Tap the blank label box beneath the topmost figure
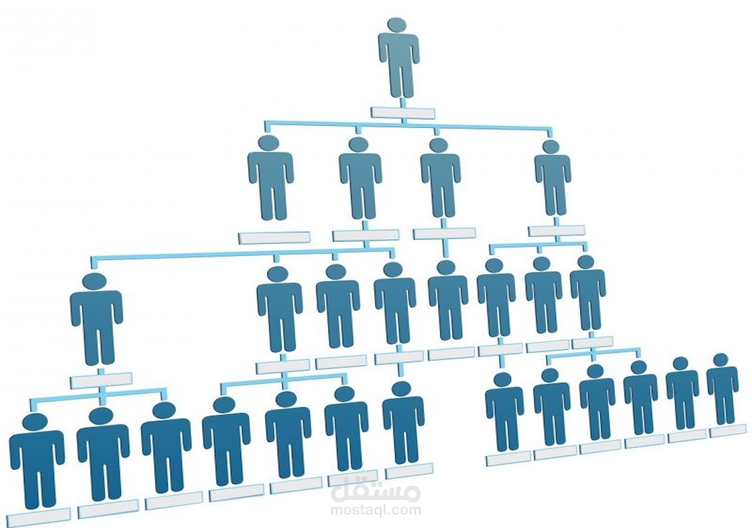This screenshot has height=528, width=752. click(403, 113)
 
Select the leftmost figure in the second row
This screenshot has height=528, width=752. click(271, 178)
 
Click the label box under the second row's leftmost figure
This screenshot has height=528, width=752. click(274, 238)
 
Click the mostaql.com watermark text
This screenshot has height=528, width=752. click(376, 509)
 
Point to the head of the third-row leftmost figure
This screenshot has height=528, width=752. click(94, 283)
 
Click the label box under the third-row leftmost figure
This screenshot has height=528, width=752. click(101, 380)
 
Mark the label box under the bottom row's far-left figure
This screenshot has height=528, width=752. click(39, 516)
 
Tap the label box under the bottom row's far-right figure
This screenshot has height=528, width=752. click(724, 431)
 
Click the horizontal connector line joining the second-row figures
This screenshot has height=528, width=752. click(407, 125)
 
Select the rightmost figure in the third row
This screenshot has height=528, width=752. click(587, 293)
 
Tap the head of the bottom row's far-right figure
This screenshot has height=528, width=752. click(721, 360)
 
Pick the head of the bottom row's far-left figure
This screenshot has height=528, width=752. click(35, 423)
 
